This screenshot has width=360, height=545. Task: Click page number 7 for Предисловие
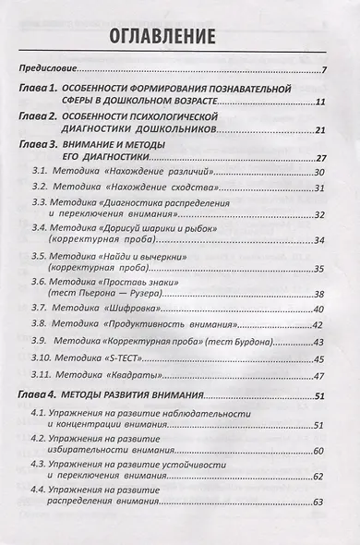(325, 71)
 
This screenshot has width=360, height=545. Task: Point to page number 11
(321, 102)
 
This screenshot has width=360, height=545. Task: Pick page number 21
(321, 131)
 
